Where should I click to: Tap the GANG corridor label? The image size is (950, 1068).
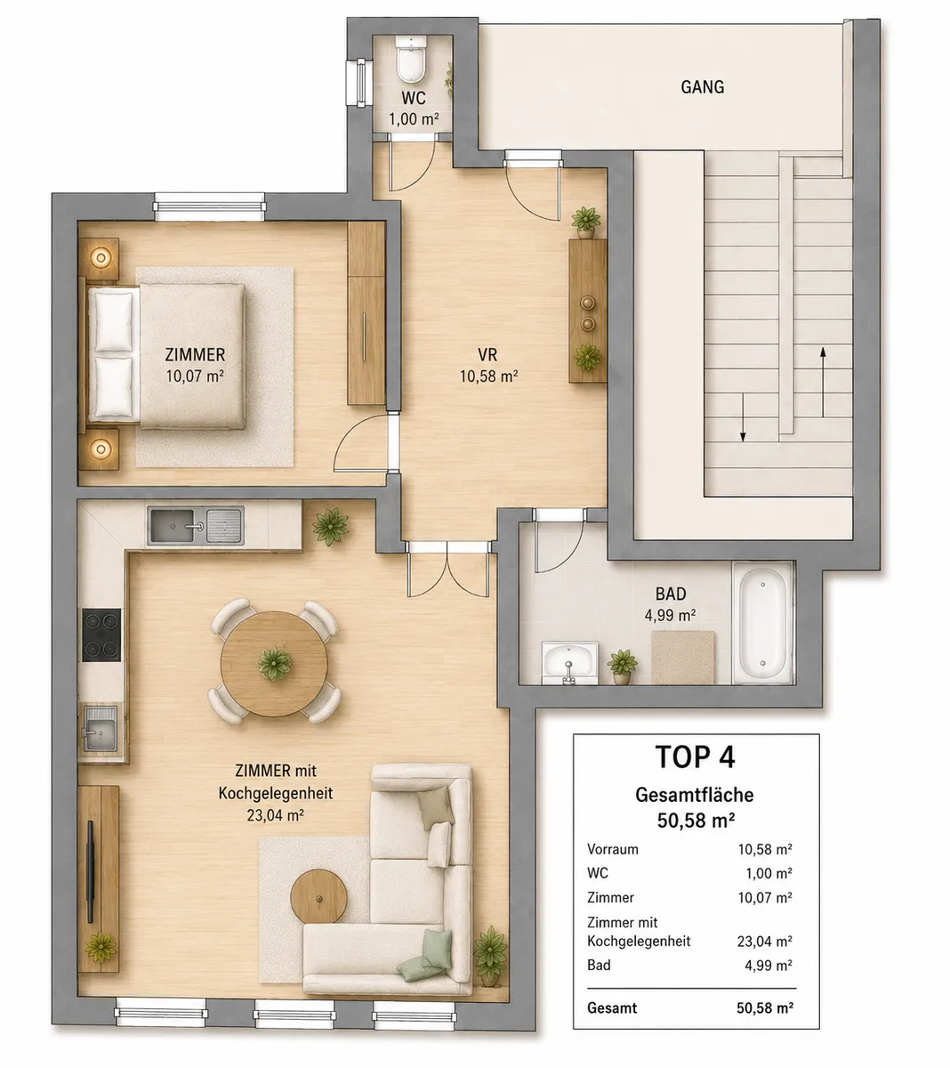pos(702,87)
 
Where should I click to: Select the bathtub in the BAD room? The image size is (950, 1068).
pos(762,624)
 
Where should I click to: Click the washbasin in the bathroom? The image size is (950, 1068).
pos(569,663)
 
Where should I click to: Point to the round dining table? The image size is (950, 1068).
pos(274,663)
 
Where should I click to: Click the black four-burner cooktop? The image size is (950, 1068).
pos(101,635)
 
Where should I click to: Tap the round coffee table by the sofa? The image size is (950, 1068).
pos(318,896)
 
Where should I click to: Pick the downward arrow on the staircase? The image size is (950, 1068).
pos(743,417)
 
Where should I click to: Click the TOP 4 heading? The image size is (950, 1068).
pos(695,757)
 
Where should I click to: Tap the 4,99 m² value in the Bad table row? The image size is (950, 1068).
pos(769,966)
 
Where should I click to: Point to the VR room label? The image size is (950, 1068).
pos(487,354)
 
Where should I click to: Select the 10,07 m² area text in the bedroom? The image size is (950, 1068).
pos(195,376)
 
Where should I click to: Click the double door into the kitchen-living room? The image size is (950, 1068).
pos(448,570)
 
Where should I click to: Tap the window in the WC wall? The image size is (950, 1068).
pos(360,83)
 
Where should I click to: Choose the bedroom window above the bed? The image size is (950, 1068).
pos(209,206)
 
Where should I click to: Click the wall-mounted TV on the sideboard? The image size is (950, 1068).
pos(91,871)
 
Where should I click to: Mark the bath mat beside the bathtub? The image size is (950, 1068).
pos(683,658)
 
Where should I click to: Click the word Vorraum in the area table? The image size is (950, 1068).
pos(612,849)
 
